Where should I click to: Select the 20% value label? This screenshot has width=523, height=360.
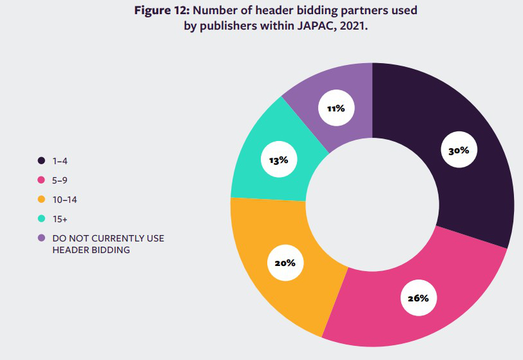coord(285,263)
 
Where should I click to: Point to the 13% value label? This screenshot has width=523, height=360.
coord(278,160)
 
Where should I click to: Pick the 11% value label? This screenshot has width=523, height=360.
coord(336,108)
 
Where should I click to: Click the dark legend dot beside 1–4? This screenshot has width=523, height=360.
coord(41,160)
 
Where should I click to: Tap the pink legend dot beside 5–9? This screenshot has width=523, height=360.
coord(41,180)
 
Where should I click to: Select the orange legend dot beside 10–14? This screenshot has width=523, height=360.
coord(41,200)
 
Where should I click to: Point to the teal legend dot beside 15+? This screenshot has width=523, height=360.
coord(41,219)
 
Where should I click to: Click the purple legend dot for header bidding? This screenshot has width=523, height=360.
coord(41,238)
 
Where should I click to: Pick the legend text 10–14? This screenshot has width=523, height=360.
coord(65,200)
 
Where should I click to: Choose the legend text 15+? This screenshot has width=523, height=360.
coord(60,219)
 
